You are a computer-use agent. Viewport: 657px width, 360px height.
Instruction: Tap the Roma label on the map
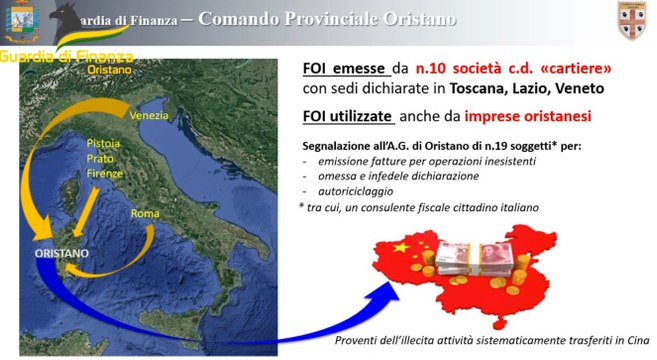146,213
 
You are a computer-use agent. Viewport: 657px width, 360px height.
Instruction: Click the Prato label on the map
101,158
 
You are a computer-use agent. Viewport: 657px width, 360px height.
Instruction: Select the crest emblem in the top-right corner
631,19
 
